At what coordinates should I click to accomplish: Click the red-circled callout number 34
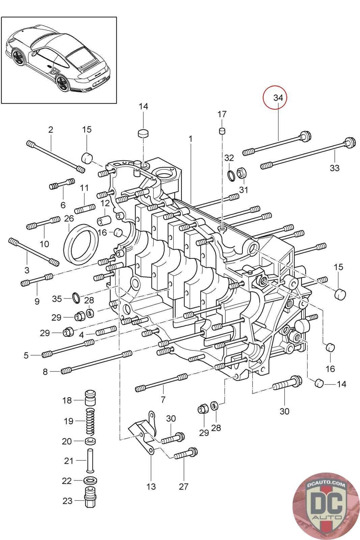[278, 98]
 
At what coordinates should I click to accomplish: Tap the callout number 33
[334, 168]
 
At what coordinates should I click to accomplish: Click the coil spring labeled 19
[90, 422]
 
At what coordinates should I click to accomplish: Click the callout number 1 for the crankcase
[191, 139]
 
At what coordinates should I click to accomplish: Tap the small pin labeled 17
[222, 131]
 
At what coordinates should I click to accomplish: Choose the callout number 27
[183, 486]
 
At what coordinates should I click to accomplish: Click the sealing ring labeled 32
[231, 175]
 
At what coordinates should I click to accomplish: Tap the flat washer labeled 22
[90, 480]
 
